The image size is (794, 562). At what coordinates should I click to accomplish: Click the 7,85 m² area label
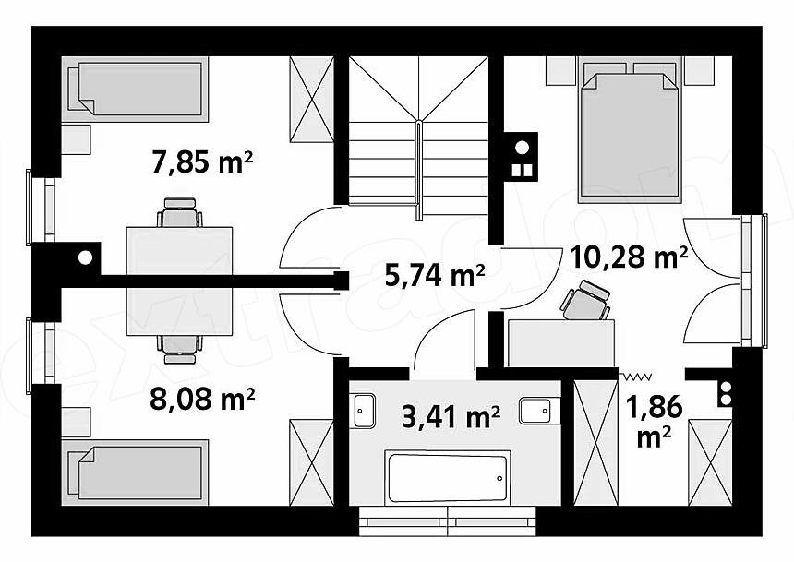[202, 162]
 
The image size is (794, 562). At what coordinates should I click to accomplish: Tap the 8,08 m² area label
[202, 399]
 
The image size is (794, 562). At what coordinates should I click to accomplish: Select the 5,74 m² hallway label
[435, 275]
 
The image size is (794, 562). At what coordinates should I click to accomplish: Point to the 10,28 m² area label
[629, 257]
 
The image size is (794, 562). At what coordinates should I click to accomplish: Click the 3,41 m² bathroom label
[451, 417]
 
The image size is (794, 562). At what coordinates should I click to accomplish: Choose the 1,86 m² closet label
[655, 421]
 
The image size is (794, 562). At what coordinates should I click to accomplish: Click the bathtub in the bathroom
[447, 478]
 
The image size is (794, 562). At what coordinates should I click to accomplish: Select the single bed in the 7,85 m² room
[135, 90]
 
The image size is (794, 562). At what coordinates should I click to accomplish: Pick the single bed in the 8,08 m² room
[135, 472]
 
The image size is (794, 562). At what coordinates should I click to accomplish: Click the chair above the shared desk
[180, 212]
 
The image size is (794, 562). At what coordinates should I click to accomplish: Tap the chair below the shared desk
[180, 350]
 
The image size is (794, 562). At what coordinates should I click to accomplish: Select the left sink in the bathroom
[364, 410]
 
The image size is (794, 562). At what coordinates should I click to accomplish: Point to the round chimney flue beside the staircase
[522, 148]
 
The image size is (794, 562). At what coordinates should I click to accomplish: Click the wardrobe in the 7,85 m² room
[311, 100]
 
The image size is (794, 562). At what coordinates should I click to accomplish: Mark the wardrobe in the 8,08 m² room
[311, 462]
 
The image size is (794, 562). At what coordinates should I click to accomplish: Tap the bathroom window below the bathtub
[448, 520]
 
